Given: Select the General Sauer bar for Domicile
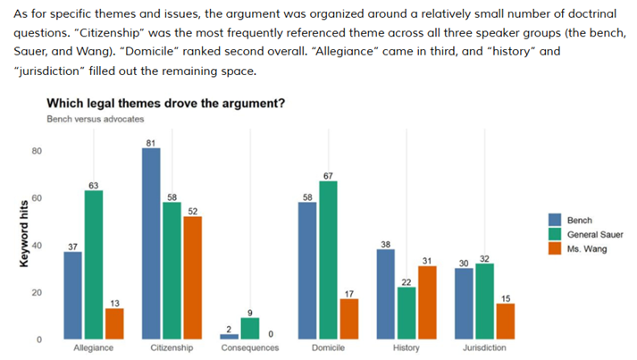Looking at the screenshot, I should tap(328, 260).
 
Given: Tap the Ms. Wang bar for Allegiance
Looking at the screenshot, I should tap(114, 323).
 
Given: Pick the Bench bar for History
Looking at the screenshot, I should tap(385, 294).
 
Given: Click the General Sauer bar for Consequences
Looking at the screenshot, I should tap(250, 328).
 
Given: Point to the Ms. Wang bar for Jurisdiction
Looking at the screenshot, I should tap(506, 321).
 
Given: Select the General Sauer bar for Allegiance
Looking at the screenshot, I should tap(93, 264).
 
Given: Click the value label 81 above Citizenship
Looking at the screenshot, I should tap(151, 142).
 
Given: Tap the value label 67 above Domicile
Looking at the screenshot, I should tap(328, 175).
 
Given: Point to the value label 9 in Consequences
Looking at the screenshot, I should tap(250, 312).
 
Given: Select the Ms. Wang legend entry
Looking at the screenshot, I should tap(586, 249).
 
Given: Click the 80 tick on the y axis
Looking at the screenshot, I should tap(37, 151).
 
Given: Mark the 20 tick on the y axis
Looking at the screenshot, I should tap(37, 293).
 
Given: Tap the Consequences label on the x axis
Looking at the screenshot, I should tap(250, 348).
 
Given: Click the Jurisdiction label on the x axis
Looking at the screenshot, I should tap(484, 348).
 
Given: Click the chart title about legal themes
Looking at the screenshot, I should tap(165, 104).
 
